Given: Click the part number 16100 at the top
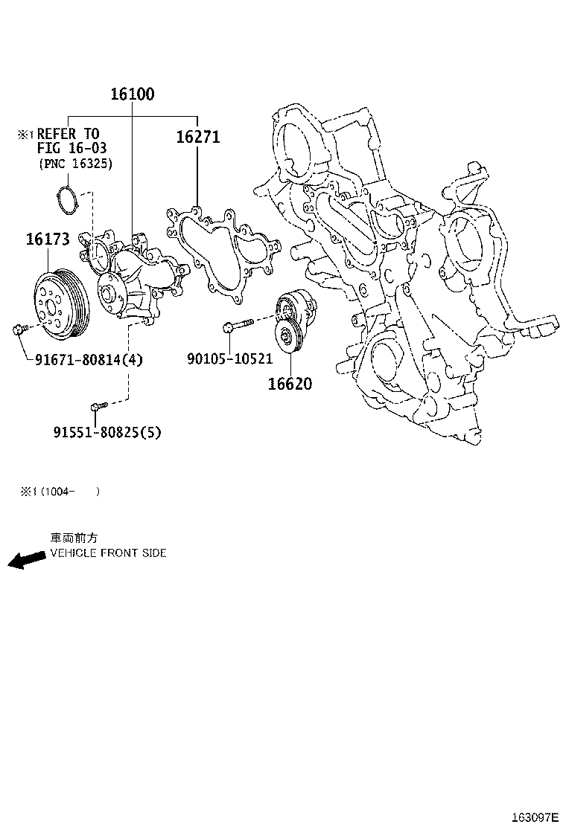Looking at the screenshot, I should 133,94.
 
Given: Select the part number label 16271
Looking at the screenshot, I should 198,138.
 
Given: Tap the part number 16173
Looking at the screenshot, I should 48,239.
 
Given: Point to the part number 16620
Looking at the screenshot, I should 290,384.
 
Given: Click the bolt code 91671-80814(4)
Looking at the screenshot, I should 89,360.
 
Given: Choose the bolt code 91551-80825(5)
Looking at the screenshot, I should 107,431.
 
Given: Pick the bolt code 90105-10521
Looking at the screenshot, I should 229,359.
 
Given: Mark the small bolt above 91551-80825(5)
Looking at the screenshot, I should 98,406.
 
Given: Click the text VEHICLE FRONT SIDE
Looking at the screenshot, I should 108,553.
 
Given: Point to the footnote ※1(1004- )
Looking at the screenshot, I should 60,492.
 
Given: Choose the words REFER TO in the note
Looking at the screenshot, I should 68,134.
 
